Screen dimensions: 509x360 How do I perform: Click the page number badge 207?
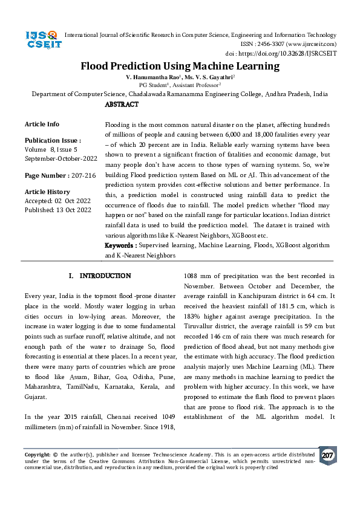point(327,455)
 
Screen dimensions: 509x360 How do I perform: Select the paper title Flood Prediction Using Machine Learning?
point(180,66)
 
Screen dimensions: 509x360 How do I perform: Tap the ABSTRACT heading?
point(122,105)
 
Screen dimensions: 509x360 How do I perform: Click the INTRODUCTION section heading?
point(100,276)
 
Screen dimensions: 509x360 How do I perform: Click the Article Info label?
point(42,124)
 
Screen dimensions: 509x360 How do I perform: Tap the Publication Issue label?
point(53,140)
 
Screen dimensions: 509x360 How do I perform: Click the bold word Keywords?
point(120,246)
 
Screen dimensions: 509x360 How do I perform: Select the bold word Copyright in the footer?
point(36,453)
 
